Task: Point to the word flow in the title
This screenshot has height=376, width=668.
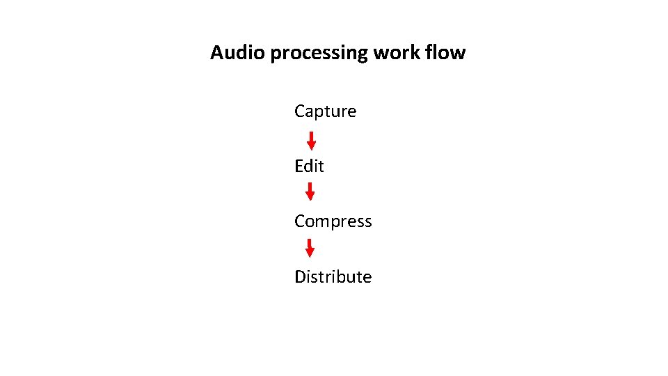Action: pyautogui.click(x=447, y=53)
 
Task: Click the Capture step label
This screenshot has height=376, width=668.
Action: pyautogui.click(x=325, y=111)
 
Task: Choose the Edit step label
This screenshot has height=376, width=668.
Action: pyautogui.click(x=309, y=166)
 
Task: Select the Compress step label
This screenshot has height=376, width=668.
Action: pyautogui.click(x=333, y=221)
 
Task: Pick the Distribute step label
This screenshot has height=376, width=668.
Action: pyautogui.click(x=333, y=276)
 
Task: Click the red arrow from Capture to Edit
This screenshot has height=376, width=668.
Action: pyautogui.click(x=311, y=140)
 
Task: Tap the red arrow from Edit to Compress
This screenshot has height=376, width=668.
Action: pyautogui.click(x=310, y=191)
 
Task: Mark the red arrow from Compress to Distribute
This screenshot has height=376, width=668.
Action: pyautogui.click(x=310, y=248)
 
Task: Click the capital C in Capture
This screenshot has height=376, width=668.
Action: pyautogui.click(x=300, y=111)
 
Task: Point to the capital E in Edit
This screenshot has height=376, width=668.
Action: pyautogui.click(x=299, y=166)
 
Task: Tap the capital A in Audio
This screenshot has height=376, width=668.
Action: pyautogui.click(x=217, y=53)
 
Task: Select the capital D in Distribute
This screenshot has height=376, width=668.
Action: pyautogui.click(x=300, y=276)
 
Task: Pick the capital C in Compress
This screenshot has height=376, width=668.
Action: pyautogui.click(x=300, y=221)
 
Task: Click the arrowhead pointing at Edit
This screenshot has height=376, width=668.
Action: pyautogui.click(x=311, y=146)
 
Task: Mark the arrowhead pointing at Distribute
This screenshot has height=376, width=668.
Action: pyautogui.click(x=310, y=253)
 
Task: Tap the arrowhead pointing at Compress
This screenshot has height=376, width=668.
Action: pyautogui.click(x=310, y=197)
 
